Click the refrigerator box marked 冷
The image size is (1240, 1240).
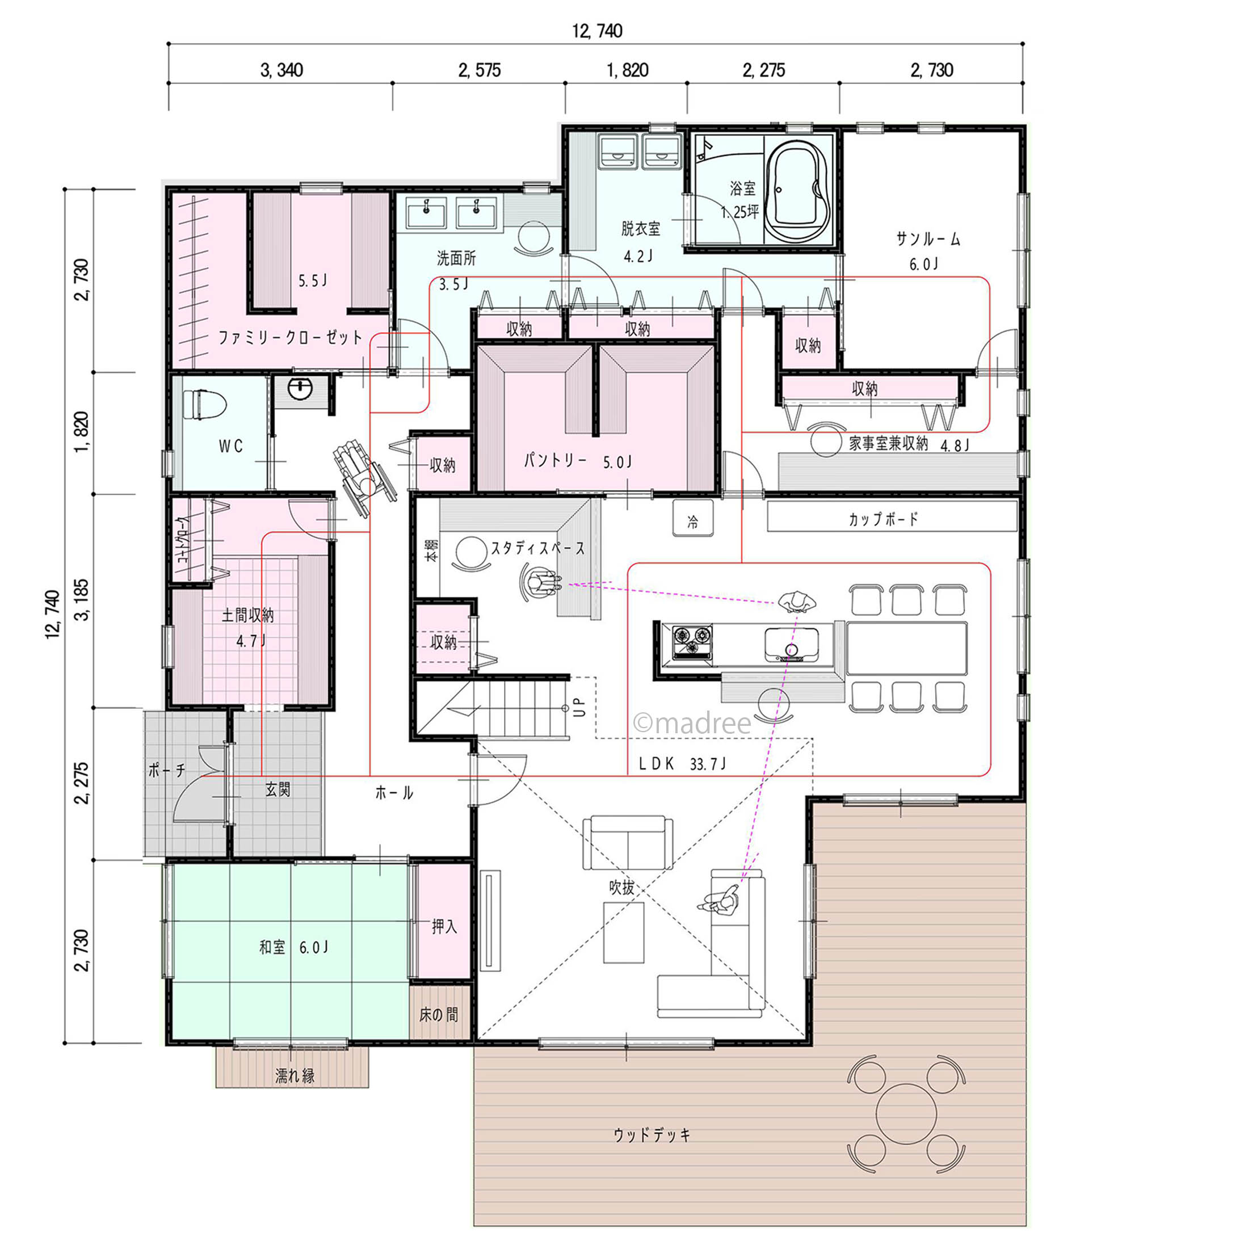click(x=692, y=519)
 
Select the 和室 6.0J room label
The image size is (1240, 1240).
click(x=293, y=947)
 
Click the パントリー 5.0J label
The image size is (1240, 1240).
click(x=578, y=461)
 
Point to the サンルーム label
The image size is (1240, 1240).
click(x=928, y=239)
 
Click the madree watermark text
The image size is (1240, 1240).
click(x=692, y=724)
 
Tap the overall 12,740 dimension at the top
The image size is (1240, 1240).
click(x=597, y=31)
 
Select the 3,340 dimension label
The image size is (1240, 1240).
click(x=281, y=70)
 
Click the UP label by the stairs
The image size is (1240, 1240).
click(x=579, y=707)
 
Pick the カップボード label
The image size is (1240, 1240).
click(x=883, y=519)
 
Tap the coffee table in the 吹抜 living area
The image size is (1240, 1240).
click(x=624, y=932)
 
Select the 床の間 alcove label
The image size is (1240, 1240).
click(x=439, y=1015)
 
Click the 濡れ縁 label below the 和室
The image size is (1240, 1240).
click(x=295, y=1077)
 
